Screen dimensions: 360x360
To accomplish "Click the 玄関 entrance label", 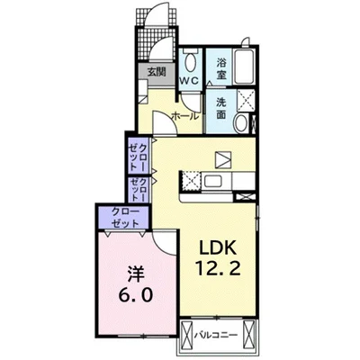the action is click(x=157, y=72).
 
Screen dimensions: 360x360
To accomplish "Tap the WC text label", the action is click(x=189, y=80).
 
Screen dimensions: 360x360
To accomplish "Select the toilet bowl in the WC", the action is click(x=190, y=62).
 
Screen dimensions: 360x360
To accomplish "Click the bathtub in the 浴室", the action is click(x=245, y=67).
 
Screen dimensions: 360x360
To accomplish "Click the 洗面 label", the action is click(x=221, y=109).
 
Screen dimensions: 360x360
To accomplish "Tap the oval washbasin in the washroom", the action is click(x=241, y=123).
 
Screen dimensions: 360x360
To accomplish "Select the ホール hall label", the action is click(x=184, y=116).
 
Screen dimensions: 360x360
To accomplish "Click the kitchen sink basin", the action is click(x=213, y=181).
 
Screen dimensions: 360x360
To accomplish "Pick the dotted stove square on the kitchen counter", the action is click(x=190, y=180).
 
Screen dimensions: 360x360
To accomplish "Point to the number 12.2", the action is click(x=218, y=268).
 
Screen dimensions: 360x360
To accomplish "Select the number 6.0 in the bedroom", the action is click(x=136, y=294).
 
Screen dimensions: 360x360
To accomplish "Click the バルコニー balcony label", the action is click(x=216, y=334).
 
